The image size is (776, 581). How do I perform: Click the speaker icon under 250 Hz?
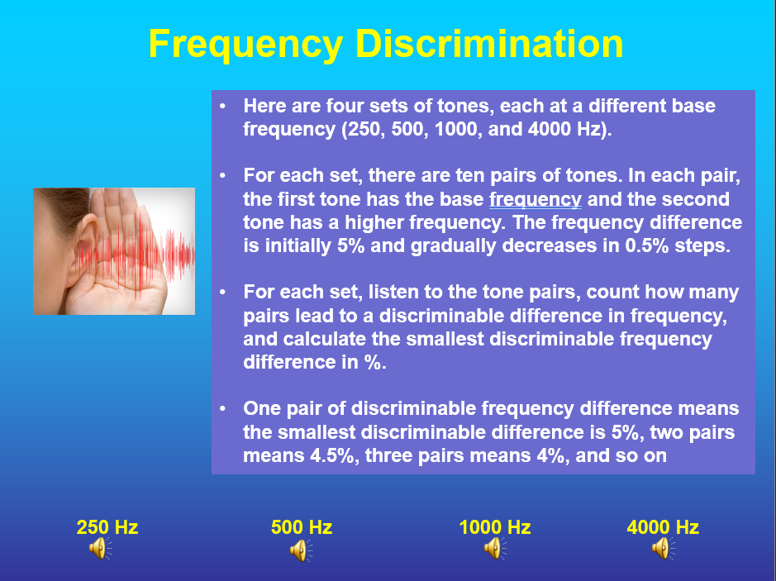tap(98, 548)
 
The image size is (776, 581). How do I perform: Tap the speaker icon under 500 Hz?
tap(299, 550)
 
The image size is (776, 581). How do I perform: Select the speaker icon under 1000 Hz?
tap(494, 548)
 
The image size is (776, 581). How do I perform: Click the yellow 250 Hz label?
tap(107, 527)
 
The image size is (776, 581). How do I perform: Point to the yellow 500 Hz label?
tap(302, 527)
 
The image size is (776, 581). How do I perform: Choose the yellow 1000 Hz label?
tap(495, 527)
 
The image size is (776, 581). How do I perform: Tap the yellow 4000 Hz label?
tap(663, 527)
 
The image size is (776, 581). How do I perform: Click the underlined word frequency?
tap(536, 199)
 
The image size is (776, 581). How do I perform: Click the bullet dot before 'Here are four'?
tap(222, 107)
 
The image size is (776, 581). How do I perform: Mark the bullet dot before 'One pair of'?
tap(222, 409)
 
